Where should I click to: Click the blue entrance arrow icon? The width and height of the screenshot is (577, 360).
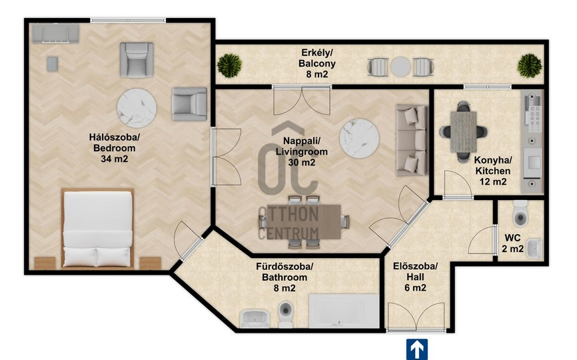click(x=416, y=349)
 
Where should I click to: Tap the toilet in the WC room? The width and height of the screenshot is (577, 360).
click(x=520, y=213)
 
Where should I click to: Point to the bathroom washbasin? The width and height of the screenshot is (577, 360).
click(x=255, y=319)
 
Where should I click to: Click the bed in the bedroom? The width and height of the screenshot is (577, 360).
click(x=97, y=228)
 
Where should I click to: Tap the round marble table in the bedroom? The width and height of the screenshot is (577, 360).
click(x=137, y=108)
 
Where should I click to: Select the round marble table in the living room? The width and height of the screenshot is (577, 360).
click(x=359, y=139)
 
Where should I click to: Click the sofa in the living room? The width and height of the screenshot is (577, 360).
click(x=411, y=140)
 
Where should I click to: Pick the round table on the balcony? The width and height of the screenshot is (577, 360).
click(x=400, y=67)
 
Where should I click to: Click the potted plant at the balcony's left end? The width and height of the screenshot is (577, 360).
click(x=229, y=65)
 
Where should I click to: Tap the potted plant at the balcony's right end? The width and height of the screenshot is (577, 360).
click(x=529, y=65)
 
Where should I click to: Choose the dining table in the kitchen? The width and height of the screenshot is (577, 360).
click(x=463, y=132)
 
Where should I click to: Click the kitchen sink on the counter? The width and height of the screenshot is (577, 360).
click(x=534, y=162)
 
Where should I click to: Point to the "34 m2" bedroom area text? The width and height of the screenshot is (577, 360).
click(x=115, y=159)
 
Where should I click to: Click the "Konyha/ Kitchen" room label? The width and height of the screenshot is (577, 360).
click(x=493, y=165)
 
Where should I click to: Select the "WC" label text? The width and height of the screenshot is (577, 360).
click(x=512, y=238)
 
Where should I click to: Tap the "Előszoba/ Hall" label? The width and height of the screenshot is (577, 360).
click(x=415, y=271)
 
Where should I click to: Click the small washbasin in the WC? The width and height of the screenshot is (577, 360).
click(x=534, y=249)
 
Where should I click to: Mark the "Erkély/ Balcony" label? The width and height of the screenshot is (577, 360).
click(x=317, y=58)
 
